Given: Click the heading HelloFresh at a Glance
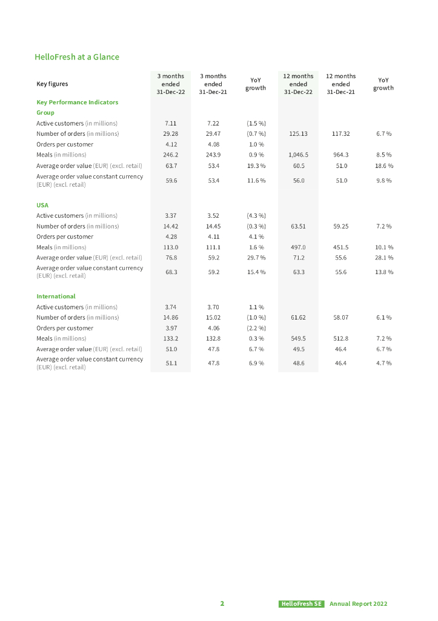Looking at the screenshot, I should pyautogui.click(x=77, y=57).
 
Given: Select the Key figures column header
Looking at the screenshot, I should pyautogui.click(x=52, y=84).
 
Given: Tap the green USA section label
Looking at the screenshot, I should pyautogui.click(x=42, y=205).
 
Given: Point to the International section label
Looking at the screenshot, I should pyautogui.click(x=56, y=297).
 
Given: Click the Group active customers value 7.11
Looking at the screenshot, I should pyautogui.click(x=170, y=123).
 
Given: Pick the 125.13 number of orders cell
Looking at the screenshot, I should pyautogui.click(x=298, y=134).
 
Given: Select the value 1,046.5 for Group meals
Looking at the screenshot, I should pyautogui.click(x=298, y=155).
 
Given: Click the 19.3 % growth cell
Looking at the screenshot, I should pyautogui.click(x=256, y=166).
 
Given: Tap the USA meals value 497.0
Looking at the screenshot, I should pyautogui.click(x=298, y=247).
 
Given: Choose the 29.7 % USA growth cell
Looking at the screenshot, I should pyautogui.click(x=256, y=258).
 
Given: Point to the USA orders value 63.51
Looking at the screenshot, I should pyautogui.click(x=298, y=226).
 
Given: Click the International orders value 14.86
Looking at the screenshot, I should pyautogui.click(x=170, y=318).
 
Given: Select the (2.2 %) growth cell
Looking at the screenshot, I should pyautogui.click(x=256, y=328).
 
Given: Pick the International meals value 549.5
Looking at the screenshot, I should pyautogui.click(x=298, y=339).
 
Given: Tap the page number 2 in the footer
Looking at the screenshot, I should pyautogui.click(x=222, y=604).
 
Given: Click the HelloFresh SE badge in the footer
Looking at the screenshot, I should pyautogui.click(x=302, y=604).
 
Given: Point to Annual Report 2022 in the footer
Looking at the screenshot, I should pyautogui.click(x=358, y=604).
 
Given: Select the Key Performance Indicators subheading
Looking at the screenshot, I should pyautogui.click(x=77, y=102).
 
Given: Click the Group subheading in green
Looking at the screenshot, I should pyautogui.click(x=45, y=113).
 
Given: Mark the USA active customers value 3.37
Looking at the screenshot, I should pyautogui.click(x=170, y=215).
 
